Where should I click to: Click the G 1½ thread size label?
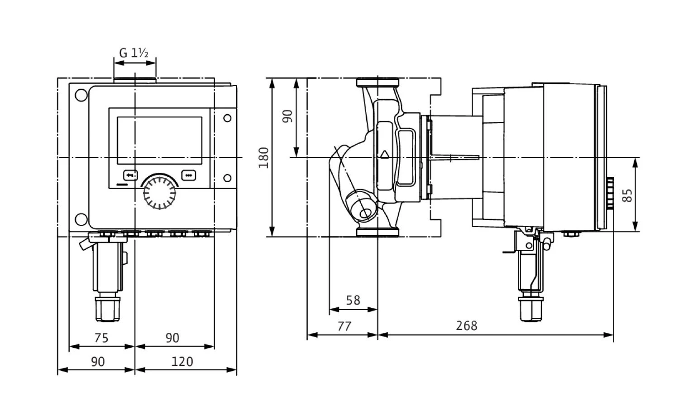pyautogui.click(x=134, y=53)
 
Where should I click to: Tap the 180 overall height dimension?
pyautogui.click(x=263, y=157)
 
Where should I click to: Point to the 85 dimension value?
pyautogui.click(x=627, y=195)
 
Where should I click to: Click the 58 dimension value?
pyautogui.click(x=353, y=300)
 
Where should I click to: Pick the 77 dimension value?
pyautogui.click(x=344, y=326)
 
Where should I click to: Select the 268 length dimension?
pyautogui.click(x=467, y=325)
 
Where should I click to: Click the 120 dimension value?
pyautogui.click(x=183, y=361)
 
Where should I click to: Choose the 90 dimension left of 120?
pyautogui.click(x=98, y=361)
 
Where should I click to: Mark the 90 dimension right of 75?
pyautogui.click(x=172, y=338)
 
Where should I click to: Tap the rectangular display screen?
pyautogui.click(x=159, y=141)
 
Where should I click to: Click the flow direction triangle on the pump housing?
pyautogui.click(x=385, y=154)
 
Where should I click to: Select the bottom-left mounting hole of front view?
pyautogui.click(x=81, y=219)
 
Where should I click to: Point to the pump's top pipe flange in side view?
pyautogui.click(x=378, y=83)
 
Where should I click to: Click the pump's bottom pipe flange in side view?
pyautogui.click(x=378, y=232)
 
